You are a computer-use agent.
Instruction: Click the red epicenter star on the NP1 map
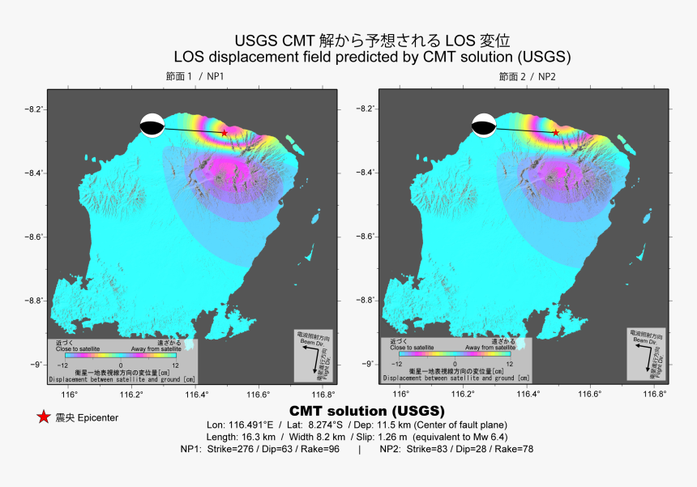point(224,132)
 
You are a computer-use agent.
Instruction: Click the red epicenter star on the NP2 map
point(555,132)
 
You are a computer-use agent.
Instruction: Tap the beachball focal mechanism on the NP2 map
point(484,126)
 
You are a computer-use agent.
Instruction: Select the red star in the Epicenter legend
point(43,417)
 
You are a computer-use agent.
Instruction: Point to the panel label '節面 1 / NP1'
point(195,76)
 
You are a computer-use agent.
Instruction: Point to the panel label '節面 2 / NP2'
point(528,76)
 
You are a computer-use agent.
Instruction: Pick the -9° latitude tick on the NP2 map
point(369,364)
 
